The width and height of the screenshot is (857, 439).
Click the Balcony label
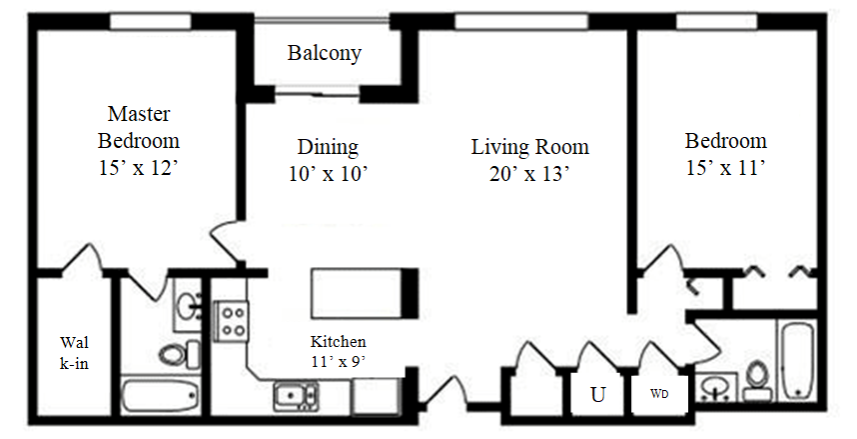tap(324, 53)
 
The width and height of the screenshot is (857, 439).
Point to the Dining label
tap(328, 147)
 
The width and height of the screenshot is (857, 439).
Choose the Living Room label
tap(529, 147)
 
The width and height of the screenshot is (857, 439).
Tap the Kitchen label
tap(338, 341)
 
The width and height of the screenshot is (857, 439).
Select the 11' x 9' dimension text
tap(338, 361)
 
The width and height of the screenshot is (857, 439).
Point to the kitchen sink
tap(297, 396)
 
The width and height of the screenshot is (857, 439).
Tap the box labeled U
tap(597, 394)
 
